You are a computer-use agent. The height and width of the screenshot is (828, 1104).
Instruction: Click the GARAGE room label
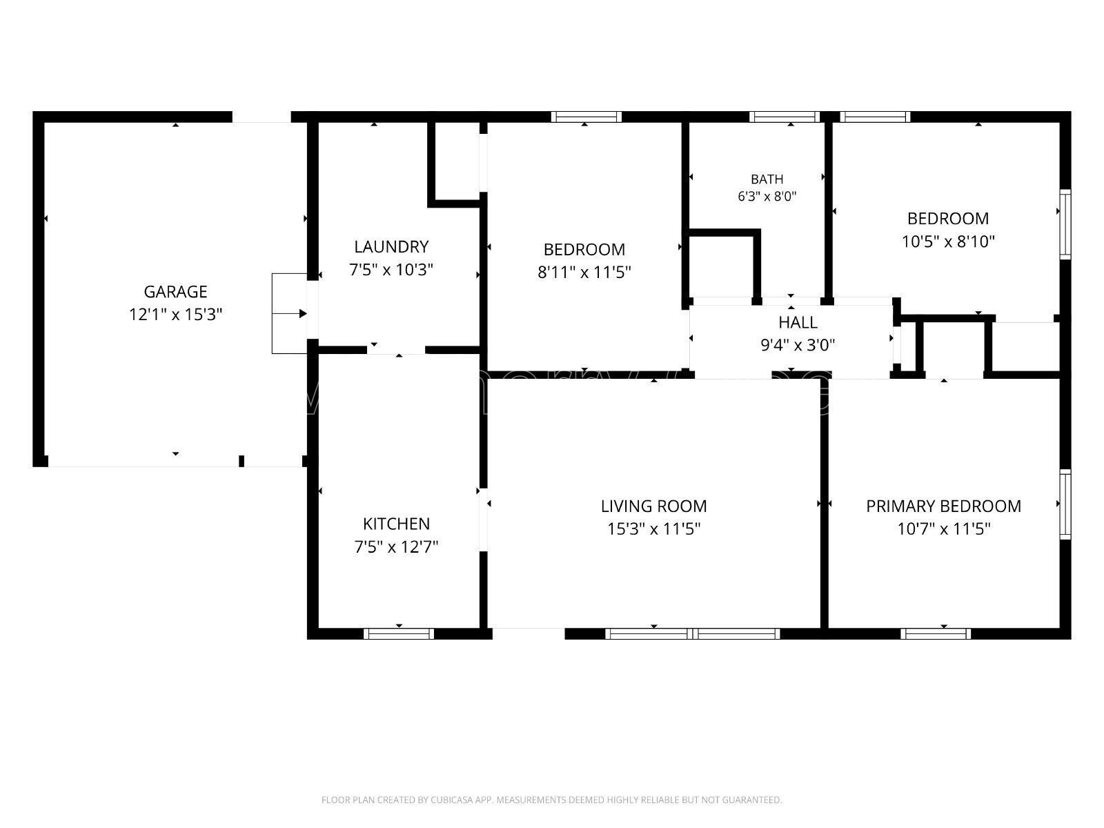pos(175,292)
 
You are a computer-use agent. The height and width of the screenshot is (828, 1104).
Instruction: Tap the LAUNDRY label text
pos(391,247)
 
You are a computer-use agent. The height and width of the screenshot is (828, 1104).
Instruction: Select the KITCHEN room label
pos(396,524)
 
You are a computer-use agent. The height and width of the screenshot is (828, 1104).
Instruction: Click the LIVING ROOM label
pos(654,506)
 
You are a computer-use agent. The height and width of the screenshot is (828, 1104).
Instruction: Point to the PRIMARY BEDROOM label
pos(943,506)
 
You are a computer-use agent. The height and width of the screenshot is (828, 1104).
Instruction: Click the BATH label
pos(767,179)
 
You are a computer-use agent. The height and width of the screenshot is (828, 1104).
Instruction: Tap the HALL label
pos(798,322)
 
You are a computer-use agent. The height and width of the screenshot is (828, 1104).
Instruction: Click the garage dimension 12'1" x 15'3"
pos(175,315)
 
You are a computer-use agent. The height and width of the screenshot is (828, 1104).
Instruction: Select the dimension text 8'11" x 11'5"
pos(584,273)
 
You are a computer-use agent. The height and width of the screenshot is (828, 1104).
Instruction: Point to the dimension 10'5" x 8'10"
pos(948,241)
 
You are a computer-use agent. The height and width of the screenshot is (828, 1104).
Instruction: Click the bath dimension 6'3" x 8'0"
pos(767,197)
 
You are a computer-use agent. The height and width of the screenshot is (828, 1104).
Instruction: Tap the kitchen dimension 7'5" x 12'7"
pos(396,547)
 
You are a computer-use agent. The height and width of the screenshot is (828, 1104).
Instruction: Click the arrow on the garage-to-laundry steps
pos(290,314)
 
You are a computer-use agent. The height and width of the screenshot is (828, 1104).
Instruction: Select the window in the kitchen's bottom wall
pos(399,633)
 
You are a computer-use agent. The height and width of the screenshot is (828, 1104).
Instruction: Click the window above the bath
pos(785,117)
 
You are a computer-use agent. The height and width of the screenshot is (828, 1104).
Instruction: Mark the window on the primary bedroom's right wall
pos(1065,504)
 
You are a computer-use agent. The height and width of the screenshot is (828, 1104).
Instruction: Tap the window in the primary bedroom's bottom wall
pos(936,633)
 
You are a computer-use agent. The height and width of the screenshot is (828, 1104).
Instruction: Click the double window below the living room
pos(693,633)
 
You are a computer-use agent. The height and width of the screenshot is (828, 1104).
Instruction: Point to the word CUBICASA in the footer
pos(451,800)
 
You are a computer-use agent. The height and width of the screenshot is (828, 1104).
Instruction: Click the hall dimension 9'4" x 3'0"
pos(798,346)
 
